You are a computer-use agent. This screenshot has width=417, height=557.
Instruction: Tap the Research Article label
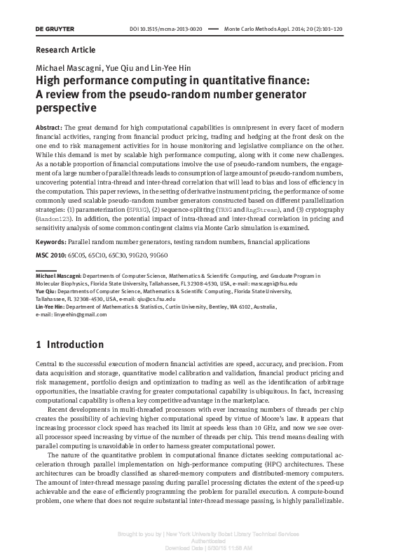point(65,50)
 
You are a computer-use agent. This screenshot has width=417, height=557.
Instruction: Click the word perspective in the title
point(65,108)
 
